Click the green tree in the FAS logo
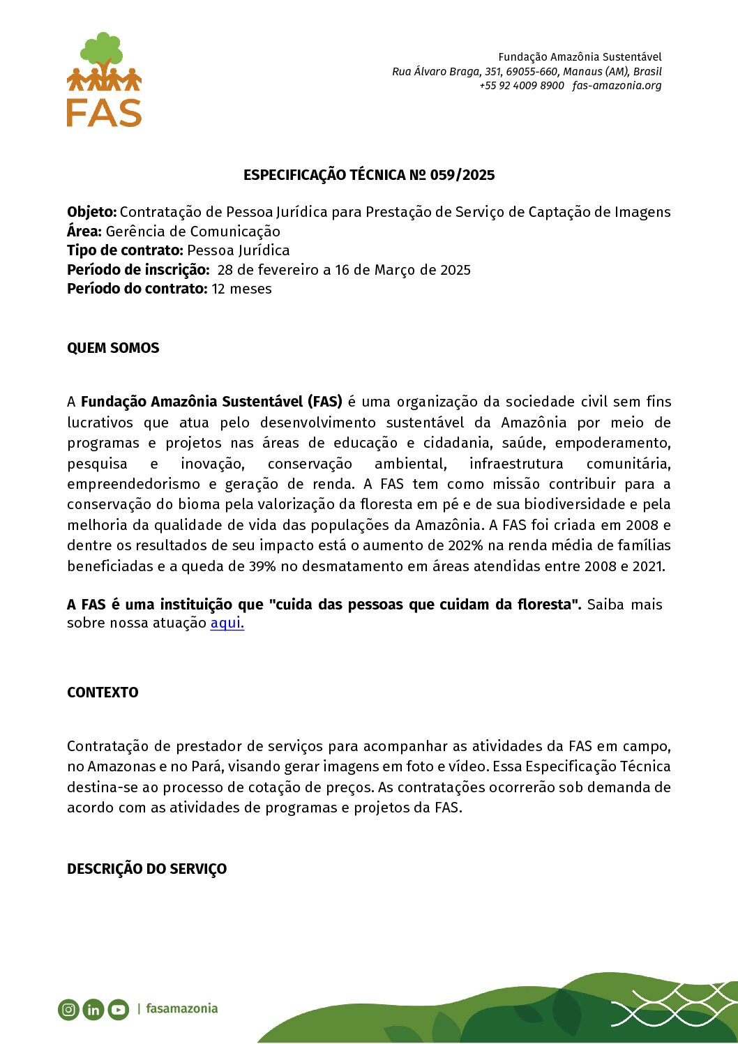point(103,50)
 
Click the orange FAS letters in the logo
point(104,113)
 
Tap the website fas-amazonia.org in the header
point(617,86)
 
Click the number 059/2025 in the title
point(462,175)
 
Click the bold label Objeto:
point(91,212)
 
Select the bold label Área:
point(84,232)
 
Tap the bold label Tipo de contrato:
point(125,250)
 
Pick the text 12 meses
point(241,289)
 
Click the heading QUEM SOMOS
point(113,348)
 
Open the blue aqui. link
point(227,623)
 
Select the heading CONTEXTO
point(103,693)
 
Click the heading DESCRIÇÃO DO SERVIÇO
point(146,869)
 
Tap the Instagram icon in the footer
point(68,1009)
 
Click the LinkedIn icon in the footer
point(93,1009)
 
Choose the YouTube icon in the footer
point(119,1009)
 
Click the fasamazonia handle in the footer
point(181,1008)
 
